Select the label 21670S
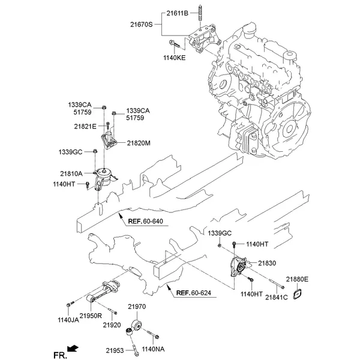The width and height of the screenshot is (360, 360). point(142,25)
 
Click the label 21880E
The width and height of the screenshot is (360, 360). point(296,279)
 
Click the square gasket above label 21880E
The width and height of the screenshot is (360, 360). point(297,294)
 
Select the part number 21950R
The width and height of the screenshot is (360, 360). point(91,315)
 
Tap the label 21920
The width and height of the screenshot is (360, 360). point(112,325)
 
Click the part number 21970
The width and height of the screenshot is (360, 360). point(137,307)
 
